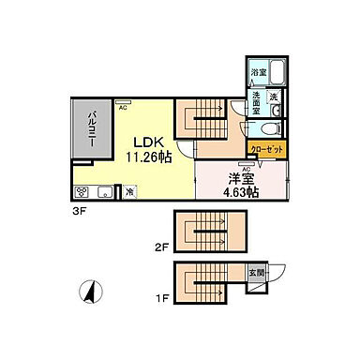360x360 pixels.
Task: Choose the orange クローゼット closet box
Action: (266, 148)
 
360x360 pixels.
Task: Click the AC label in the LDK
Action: (123, 106)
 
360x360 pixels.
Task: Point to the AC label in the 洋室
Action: (247, 168)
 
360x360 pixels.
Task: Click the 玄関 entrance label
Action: (257, 274)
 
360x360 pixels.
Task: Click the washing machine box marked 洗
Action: (274, 97)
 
